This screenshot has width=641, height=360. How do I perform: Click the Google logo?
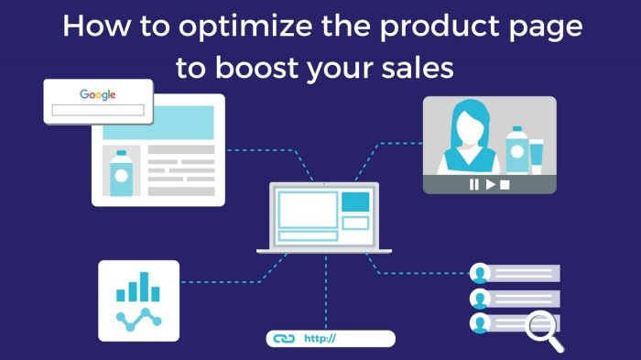pos(97,94)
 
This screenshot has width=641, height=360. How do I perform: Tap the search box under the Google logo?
pos(97,110)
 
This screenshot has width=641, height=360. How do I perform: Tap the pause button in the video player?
pos(474,184)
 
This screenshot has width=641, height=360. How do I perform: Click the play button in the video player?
pos(490,184)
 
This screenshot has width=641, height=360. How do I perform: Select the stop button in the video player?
pos(505,184)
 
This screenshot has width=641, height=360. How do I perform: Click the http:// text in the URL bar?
pos(320,339)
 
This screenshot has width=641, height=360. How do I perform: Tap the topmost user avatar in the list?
pos(479,273)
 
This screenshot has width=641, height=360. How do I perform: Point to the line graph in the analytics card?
pos(139,318)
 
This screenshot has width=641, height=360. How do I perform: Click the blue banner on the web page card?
pos(158,122)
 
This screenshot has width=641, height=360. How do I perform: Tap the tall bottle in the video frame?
pos(516,148)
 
